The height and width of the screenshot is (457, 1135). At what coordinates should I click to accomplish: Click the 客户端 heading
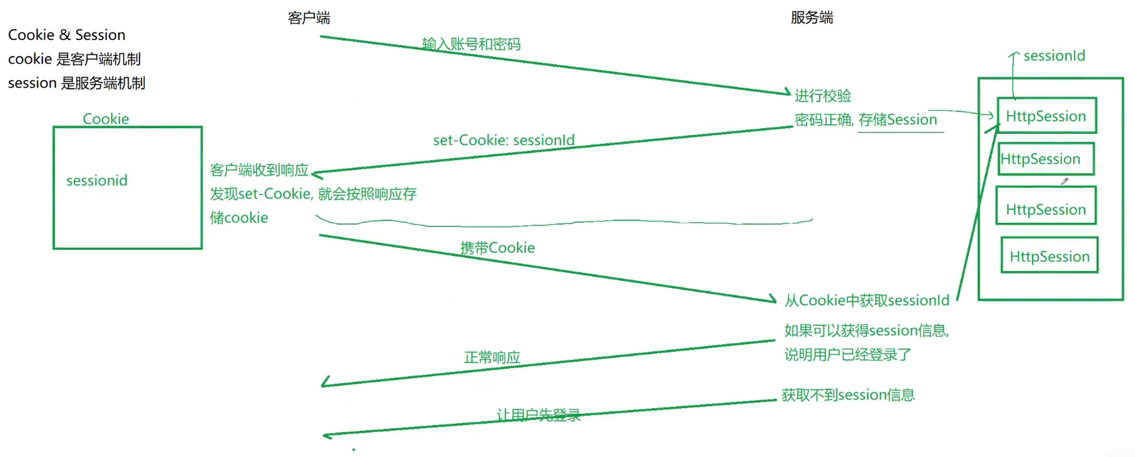pos(309,18)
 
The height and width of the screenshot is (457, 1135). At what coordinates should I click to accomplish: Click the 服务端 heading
pos(811,18)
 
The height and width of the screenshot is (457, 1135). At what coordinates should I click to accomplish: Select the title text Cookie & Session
pos(67,35)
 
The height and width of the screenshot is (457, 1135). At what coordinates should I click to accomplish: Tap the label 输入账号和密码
pos(471,44)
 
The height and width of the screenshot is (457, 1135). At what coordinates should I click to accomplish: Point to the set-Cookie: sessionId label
pos(504,140)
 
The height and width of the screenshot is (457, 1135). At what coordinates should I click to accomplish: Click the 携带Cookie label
pos(497,248)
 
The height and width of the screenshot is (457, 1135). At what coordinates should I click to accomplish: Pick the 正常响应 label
pos(492,357)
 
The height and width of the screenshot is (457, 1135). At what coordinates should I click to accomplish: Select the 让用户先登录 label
pos(538,415)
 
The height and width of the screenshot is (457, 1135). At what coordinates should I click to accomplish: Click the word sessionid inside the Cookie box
pos(97,180)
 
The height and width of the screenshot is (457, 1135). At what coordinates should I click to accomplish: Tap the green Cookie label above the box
pos(106,119)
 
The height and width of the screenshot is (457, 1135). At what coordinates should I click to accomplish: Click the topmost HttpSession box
pos(1046,116)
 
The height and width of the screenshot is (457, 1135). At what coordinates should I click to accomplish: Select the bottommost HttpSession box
pos(1049,256)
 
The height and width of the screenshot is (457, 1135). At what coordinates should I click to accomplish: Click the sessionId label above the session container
pos(1054,56)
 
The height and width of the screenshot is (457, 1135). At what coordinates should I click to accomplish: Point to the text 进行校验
pos(823,96)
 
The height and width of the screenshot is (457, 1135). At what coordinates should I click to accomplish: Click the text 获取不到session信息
pos(848,395)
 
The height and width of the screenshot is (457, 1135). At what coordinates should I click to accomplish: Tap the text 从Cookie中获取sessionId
pos(867,300)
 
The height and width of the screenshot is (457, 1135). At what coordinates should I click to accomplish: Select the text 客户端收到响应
pos(259,170)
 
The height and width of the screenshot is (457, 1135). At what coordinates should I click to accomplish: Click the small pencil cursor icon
pos(1065,181)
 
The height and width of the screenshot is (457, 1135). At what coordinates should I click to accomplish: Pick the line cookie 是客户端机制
pos(74,59)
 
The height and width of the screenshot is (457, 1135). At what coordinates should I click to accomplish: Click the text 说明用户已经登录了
pos(847,354)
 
